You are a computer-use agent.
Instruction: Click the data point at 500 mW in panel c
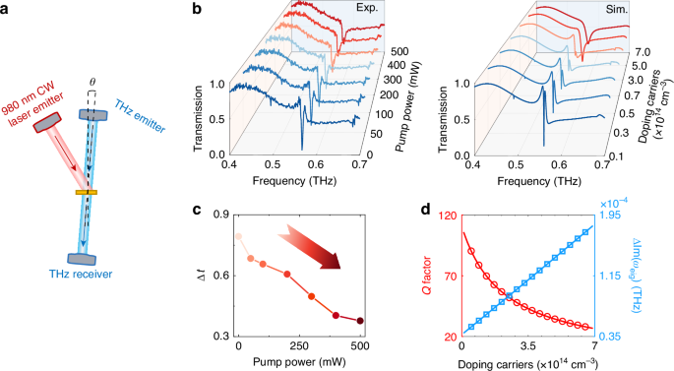coord(360,321)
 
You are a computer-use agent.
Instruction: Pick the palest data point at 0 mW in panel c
coord(238,237)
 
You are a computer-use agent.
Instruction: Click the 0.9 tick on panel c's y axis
coord(219,215)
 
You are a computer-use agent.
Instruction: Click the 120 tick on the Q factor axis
coord(446,215)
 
